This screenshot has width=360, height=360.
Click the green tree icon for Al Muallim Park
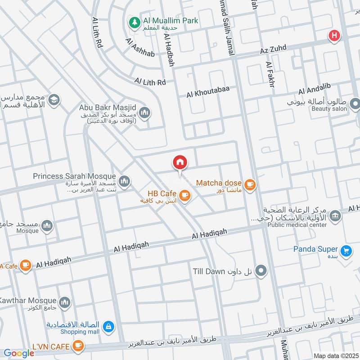(x=134, y=21)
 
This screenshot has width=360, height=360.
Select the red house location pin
(x=180, y=163)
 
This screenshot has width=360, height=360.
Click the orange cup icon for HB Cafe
(x=184, y=194)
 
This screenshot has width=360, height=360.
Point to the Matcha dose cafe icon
(x=249, y=184)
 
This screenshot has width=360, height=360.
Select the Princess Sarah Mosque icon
(x=125, y=181)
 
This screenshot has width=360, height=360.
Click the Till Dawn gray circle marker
(x=261, y=271)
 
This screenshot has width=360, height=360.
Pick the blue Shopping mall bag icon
(x=108, y=326)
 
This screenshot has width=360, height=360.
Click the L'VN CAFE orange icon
(x=78, y=346)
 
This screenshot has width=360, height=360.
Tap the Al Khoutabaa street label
(x=208, y=92)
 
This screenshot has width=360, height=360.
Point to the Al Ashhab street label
(x=140, y=49)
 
